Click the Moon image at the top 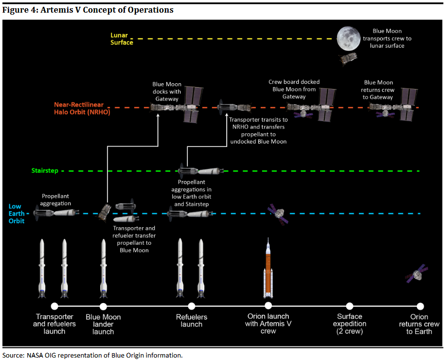pyautogui.click(x=351, y=38)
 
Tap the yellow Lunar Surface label pyautogui.click(x=122, y=39)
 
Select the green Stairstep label pyautogui.click(x=45, y=171)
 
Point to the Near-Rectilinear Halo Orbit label pyautogui.click(x=82, y=108)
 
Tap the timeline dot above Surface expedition pyautogui.click(x=349, y=306)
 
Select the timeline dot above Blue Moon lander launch pyautogui.click(x=103, y=306)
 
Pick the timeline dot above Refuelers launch pyautogui.click(x=192, y=306)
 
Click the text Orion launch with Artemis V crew pyautogui.click(x=268, y=324)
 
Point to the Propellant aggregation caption pyautogui.click(x=56, y=200)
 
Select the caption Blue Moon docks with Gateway pyautogui.click(x=167, y=91)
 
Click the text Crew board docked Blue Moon pyautogui.click(x=294, y=89)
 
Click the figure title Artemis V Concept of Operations pyautogui.click(x=88, y=10)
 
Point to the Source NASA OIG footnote pyautogui.click(x=92, y=355)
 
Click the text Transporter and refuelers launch pyautogui.click(x=54, y=324)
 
